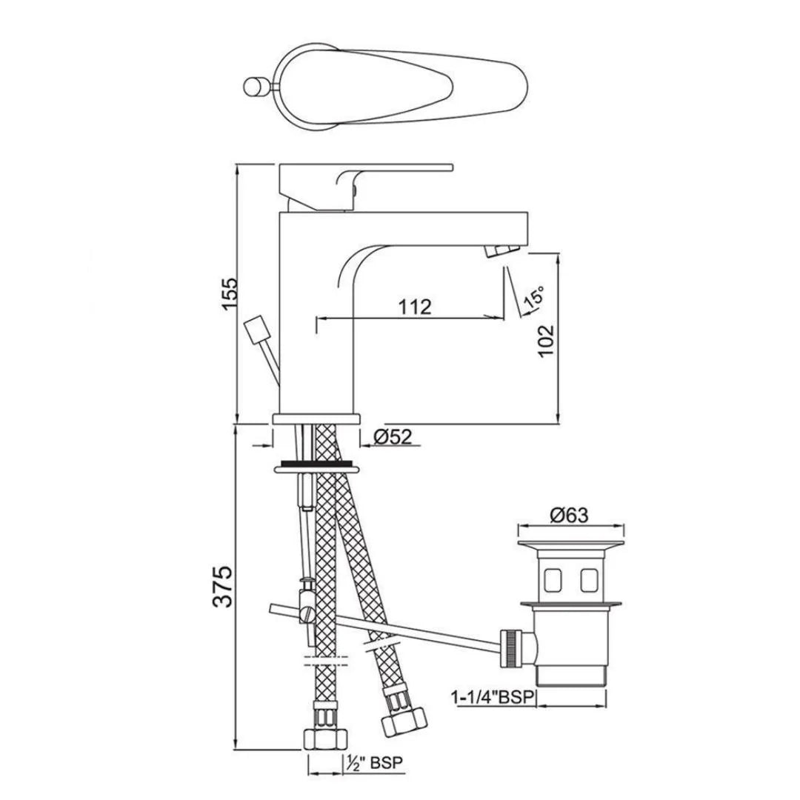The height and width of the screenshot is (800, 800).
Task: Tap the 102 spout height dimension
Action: point(546,341)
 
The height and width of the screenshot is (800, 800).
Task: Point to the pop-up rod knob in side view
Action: point(256,328)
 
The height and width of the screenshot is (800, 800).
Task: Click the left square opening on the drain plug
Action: point(553,580)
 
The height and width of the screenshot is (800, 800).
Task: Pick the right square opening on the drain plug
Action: point(589,580)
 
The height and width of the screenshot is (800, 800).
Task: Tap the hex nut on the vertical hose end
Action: point(325,741)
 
